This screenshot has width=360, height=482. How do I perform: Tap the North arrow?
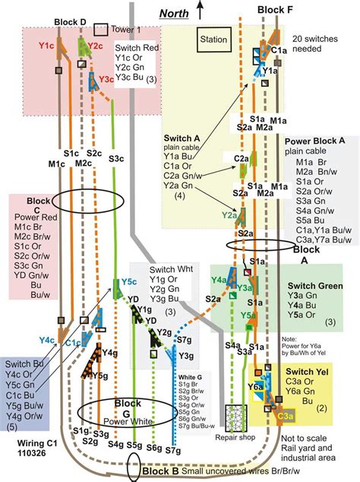point(200,8)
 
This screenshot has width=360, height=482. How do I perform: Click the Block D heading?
point(71,22)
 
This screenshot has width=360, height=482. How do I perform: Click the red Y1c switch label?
point(48,46)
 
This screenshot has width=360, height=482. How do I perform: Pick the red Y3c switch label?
point(106,78)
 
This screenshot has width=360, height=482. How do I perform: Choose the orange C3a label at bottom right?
point(286,415)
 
